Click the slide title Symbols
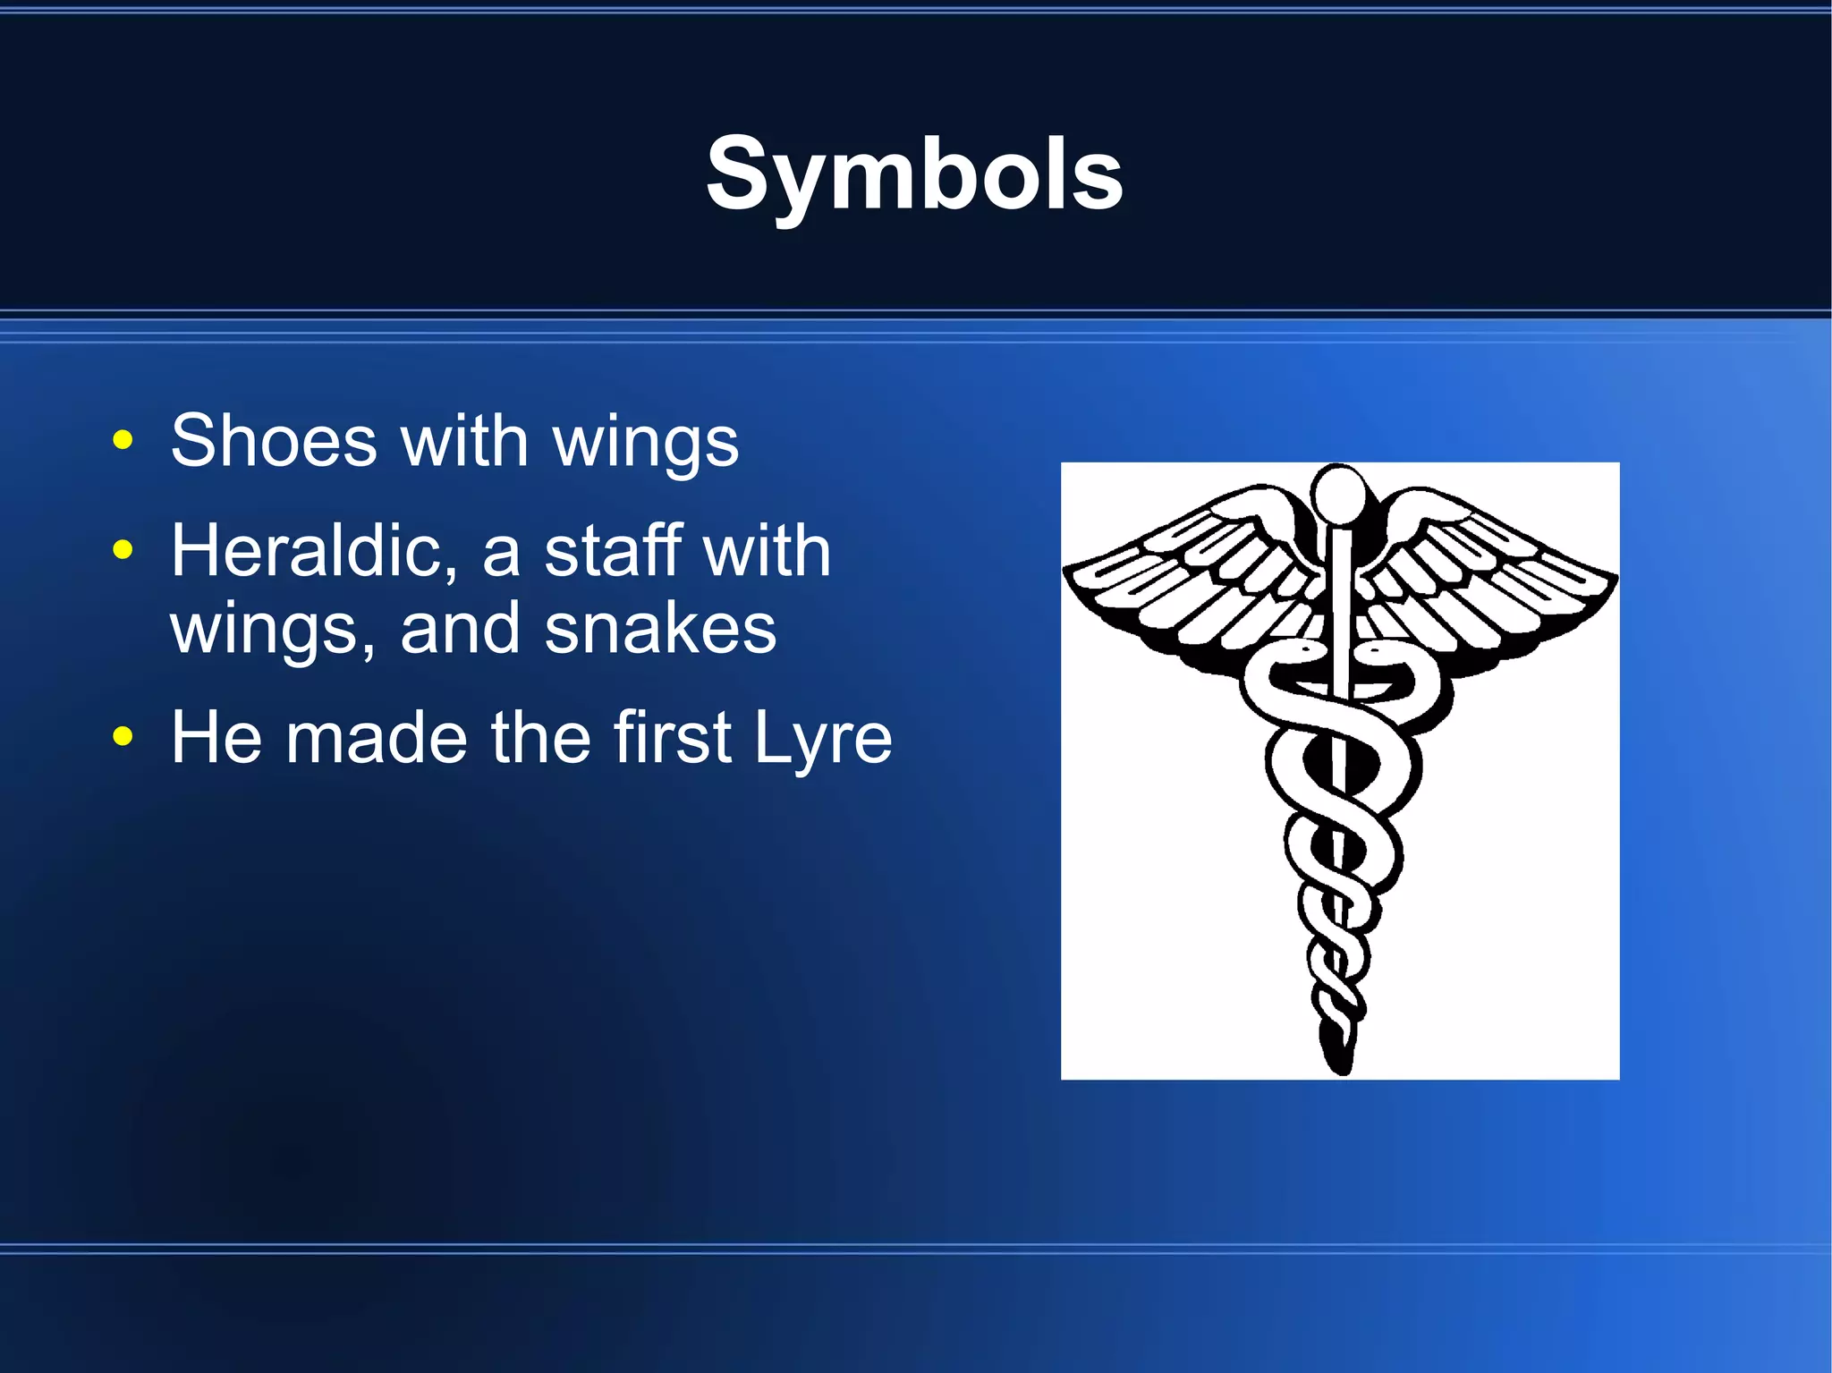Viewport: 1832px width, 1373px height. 914,174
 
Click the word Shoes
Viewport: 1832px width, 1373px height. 274,441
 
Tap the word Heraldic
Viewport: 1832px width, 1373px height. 313,551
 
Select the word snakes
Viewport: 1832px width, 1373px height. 660,629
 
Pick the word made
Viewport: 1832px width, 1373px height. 377,739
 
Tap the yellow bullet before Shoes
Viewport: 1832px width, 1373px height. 123,440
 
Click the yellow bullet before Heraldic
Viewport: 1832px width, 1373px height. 123,550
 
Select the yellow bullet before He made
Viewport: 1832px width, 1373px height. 123,737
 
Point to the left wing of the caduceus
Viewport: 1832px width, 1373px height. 1190,572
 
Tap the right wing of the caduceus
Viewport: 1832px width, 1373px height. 1489,572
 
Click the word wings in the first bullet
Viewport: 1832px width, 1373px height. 645,443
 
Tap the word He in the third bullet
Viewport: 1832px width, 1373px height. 216,737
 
